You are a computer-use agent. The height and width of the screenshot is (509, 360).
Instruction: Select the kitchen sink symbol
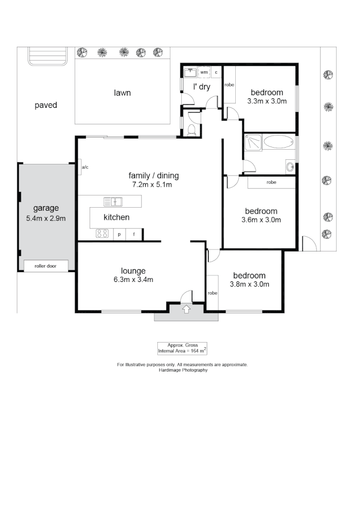point(113,202)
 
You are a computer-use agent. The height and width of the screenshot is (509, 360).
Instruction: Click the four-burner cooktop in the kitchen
point(102,234)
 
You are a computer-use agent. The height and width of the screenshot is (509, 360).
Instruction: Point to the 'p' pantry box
point(120,234)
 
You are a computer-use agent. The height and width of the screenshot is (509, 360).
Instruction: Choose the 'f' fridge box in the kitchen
point(134,234)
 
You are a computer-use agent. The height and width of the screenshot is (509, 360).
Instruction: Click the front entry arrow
point(186,308)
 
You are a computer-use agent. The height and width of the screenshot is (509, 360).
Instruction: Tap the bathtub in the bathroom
point(279,142)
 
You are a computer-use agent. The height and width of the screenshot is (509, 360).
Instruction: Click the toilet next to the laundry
point(191,129)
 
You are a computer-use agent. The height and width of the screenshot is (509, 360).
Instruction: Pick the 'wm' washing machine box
point(204,72)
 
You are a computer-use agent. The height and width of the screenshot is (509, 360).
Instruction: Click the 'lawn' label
point(122,93)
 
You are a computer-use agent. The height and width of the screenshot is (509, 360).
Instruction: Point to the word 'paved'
point(46,105)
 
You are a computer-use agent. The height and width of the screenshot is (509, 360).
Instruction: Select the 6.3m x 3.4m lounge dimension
point(133,279)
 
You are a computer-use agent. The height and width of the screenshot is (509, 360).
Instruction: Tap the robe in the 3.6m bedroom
point(271,182)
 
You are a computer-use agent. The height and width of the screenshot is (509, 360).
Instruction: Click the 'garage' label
point(46,208)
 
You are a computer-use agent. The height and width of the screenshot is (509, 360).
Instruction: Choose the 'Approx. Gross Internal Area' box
point(182,348)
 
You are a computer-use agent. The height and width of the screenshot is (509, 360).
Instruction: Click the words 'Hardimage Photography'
point(182,370)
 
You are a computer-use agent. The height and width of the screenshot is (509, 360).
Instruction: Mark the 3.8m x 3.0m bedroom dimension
point(250,285)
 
